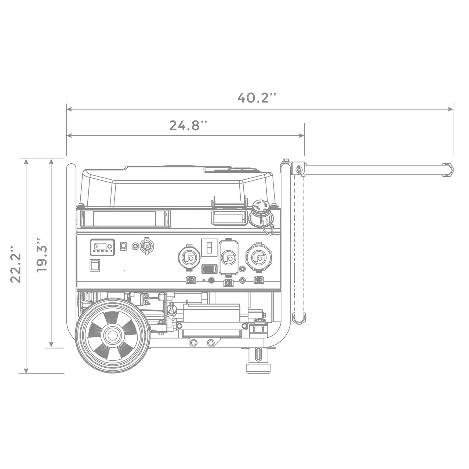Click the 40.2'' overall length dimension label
coord(257,98)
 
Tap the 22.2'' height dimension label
coord(16,264)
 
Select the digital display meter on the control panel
coord(102,247)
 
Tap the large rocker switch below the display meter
coord(95,265)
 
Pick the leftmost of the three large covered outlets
coord(190,258)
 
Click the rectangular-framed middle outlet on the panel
coord(228,258)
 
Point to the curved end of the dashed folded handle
coord(299,319)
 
